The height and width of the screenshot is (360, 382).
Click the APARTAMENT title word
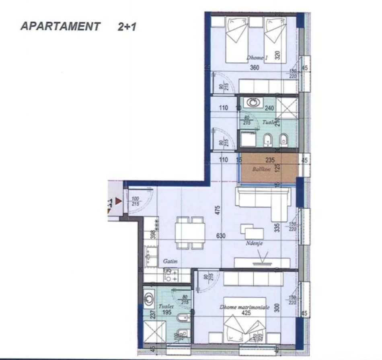tap(60, 27)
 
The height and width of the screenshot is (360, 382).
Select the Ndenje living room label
tap(255, 243)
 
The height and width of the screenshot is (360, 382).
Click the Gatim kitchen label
tap(170, 261)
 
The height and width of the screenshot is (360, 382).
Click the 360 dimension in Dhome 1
tap(254, 68)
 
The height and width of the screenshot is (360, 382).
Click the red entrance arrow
tap(118, 200)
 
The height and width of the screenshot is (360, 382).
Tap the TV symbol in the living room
tap(262, 258)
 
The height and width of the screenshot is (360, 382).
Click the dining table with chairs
tap(189, 232)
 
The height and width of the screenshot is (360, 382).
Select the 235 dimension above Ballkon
tap(270, 160)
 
